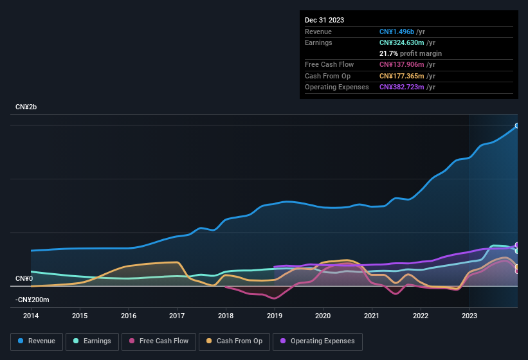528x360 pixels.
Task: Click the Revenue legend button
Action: click(x=37, y=341)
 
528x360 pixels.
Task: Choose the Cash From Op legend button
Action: click(x=235, y=341)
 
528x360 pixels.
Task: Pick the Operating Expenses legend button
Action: click(x=318, y=341)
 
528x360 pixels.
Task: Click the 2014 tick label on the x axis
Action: click(x=31, y=316)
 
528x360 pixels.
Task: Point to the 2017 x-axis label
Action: click(x=177, y=316)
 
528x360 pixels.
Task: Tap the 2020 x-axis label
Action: click(x=323, y=316)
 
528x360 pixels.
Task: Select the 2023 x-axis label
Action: click(x=469, y=316)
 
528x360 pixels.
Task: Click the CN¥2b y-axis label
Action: click(x=26, y=107)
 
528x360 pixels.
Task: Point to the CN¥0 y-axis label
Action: click(x=24, y=278)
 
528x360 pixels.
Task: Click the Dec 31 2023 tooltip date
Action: click(x=324, y=20)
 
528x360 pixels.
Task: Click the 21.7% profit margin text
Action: click(x=410, y=53)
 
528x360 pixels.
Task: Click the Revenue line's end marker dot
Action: click(x=517, y=125)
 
